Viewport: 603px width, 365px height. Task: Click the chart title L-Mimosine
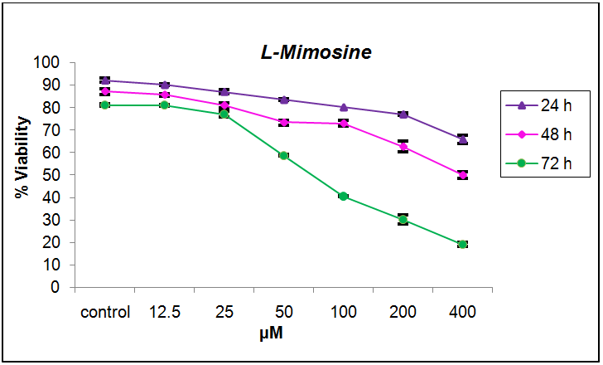click(x=312, y=52)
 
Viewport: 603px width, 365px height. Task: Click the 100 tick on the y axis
click(x=46, y=63)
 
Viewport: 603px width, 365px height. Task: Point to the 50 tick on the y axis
click(x=51, y=175)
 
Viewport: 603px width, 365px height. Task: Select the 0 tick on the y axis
click(x=55, y=288)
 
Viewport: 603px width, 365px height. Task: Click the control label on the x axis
click(x=105, y=313)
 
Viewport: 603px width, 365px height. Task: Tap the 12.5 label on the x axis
click(x=165, y=313)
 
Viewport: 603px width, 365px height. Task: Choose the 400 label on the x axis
click(x=462, y=313)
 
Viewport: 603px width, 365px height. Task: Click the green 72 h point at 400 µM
click(x=462, y=245)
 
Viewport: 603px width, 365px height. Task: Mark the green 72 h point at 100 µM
click(x=343, y=197)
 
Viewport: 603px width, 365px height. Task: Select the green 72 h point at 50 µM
click(x=283, y=156)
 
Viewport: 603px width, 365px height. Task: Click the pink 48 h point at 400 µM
click(x=462, y=175)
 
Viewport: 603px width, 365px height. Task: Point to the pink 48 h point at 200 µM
click(x=403, y=147)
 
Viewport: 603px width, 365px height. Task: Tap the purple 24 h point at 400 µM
click(x=462, y=139)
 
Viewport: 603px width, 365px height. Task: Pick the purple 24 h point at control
click(x=105, y=80)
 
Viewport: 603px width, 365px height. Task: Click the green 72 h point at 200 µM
click(x=403, y=220)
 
